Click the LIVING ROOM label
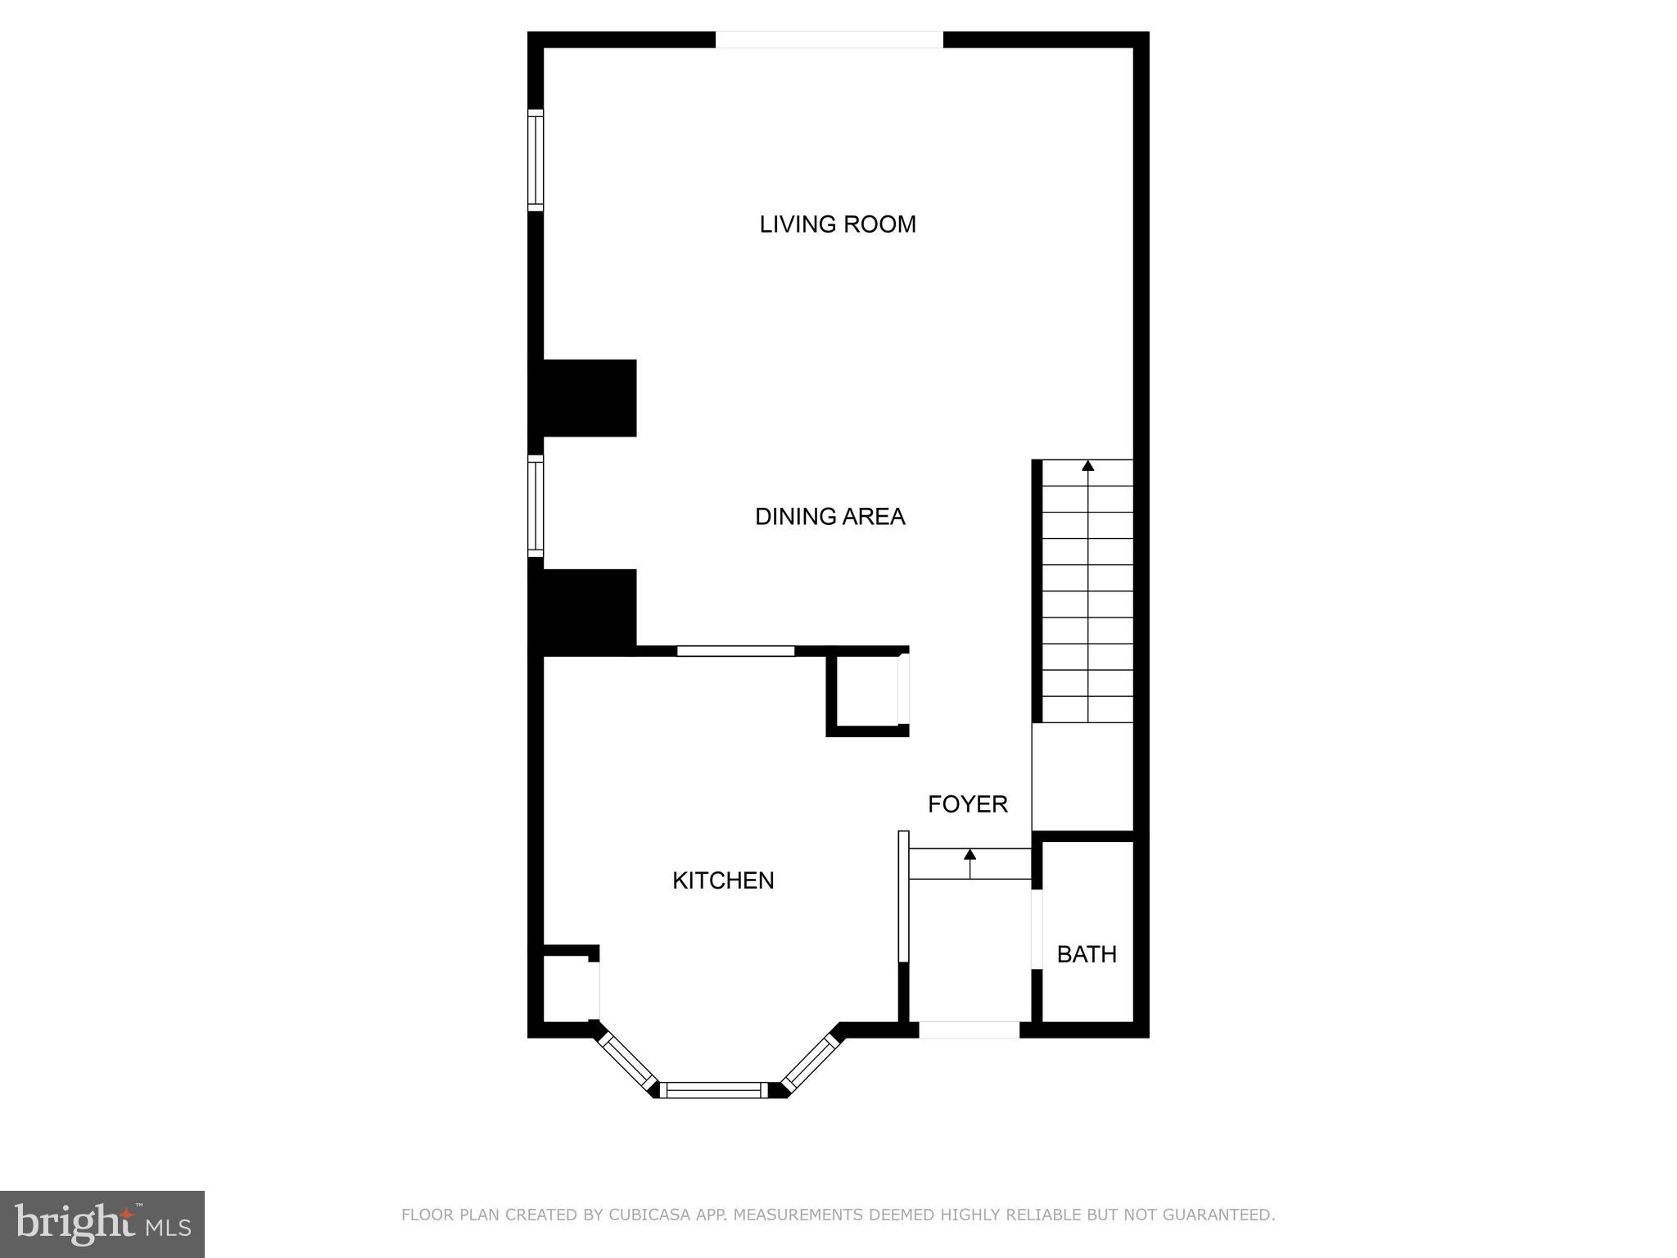tap(837, 224)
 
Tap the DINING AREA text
tap(829, 517)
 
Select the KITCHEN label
tap(723, 880)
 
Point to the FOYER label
tap(967, 804)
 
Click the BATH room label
tap(1087, 954)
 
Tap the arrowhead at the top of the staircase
tap(1087, 466)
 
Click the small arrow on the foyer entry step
tap(970, 855)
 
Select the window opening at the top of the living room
tap(829, 39)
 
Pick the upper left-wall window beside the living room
tap(536, 160)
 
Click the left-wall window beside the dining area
tap(536, 505)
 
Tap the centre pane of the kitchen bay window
tap(715, 1089)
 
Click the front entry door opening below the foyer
tap(969, 1030)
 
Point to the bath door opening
tap(1037, 929)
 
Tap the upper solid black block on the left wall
tap(583, 398)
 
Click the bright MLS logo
tap(102, 1224)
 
